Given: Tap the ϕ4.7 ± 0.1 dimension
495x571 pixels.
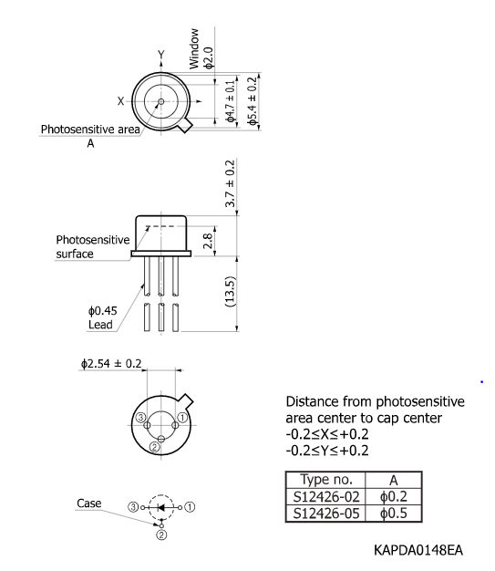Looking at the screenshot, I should click(231, 100).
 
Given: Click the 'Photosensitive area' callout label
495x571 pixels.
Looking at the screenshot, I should click(90, 130).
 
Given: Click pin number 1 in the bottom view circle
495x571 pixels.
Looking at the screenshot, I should click(180, 417).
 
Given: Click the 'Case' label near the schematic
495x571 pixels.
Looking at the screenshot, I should click(89, 503).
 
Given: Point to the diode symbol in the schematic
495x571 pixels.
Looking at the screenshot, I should click(161, 505).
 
